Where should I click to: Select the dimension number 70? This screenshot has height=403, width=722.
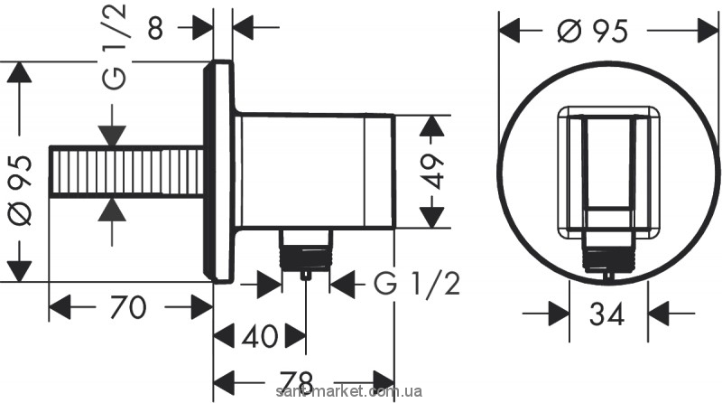pyautogui.click(x=128, y=309)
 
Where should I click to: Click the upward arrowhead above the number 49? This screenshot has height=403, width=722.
pyautogui.click(x=435, y=126)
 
